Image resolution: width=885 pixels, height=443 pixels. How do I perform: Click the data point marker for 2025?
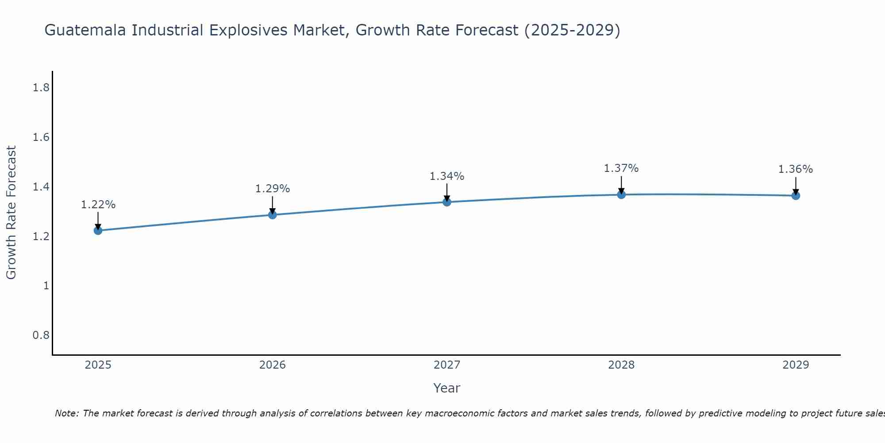[x=98, y=230]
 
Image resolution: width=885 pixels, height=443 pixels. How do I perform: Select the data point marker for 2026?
[x=273, y=215]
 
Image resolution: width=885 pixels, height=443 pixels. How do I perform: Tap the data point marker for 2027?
[x=447, y=202]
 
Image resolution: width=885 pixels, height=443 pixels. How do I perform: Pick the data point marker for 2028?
[x=621, y=194]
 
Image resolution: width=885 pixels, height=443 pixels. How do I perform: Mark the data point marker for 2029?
[x=796, y=195]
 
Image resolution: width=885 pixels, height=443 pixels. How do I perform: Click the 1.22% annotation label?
[x=98, y=205]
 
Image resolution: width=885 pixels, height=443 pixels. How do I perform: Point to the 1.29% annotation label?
[x=273, y=189]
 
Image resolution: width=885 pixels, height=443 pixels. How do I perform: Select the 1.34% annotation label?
[x=447, y=176]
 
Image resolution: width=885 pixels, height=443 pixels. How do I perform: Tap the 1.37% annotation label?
[x=621, y=168]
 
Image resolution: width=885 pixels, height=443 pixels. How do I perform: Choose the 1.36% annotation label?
[x=796, y=169]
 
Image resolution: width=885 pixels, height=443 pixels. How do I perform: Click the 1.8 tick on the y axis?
[x=41, y=88]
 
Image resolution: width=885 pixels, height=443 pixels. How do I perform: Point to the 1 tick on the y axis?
[x=46, y=286]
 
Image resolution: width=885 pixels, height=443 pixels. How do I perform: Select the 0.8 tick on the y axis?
[x=41, y=335]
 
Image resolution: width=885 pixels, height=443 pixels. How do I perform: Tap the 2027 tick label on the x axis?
[x=447, y=365]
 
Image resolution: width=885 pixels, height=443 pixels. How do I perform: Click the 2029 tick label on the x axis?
[x=796, y=365]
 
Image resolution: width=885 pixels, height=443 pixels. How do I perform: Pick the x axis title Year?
[x=447, y=388]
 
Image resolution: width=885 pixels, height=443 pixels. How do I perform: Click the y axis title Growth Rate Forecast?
[x=12, y=213]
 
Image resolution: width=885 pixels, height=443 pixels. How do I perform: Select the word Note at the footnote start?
[x=66, y=413]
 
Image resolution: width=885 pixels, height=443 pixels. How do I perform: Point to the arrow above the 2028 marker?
[x=621, y=184]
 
